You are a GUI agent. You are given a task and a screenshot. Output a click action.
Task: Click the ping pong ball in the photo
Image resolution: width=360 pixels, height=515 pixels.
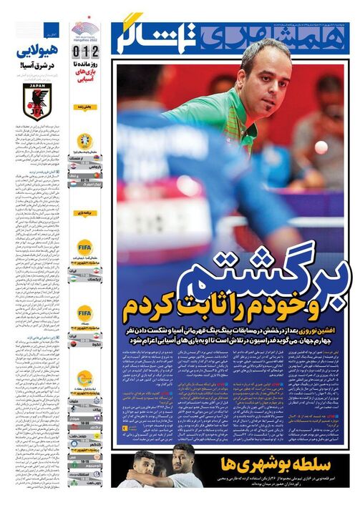pos(321,147)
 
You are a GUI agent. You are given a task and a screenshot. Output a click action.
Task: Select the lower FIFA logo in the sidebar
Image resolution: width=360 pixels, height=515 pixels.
pos(85,313)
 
